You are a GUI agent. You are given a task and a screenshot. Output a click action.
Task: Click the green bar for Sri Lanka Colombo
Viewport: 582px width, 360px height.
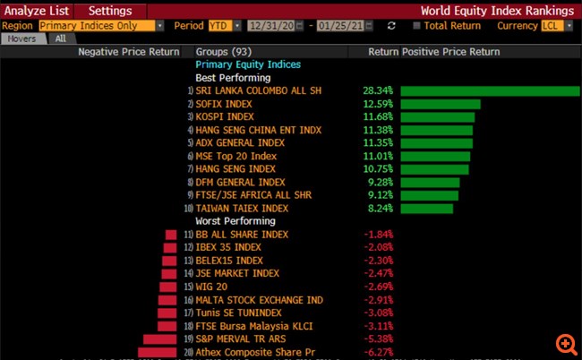pos(490,90)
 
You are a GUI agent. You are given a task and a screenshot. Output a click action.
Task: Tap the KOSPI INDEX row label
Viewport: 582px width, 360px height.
pos(225,117)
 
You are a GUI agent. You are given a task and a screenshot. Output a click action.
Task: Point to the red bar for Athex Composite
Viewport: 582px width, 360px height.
pos(158,352)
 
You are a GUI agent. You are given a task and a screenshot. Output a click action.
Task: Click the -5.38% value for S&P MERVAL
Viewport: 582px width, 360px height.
pos(378,339)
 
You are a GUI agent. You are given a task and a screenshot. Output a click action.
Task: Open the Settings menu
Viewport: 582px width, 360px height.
pos(109,11)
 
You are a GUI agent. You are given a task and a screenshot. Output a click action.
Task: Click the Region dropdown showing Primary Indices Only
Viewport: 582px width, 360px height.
pos(101,26)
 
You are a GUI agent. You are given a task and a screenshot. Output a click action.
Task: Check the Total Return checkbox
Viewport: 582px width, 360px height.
pos(417,26)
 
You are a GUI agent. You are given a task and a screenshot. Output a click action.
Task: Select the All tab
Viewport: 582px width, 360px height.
pos(60,39)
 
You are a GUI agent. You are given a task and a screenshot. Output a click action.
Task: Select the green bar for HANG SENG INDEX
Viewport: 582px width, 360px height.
pos(434,169)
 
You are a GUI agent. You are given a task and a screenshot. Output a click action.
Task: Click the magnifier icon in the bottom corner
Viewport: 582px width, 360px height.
pos(565,344)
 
